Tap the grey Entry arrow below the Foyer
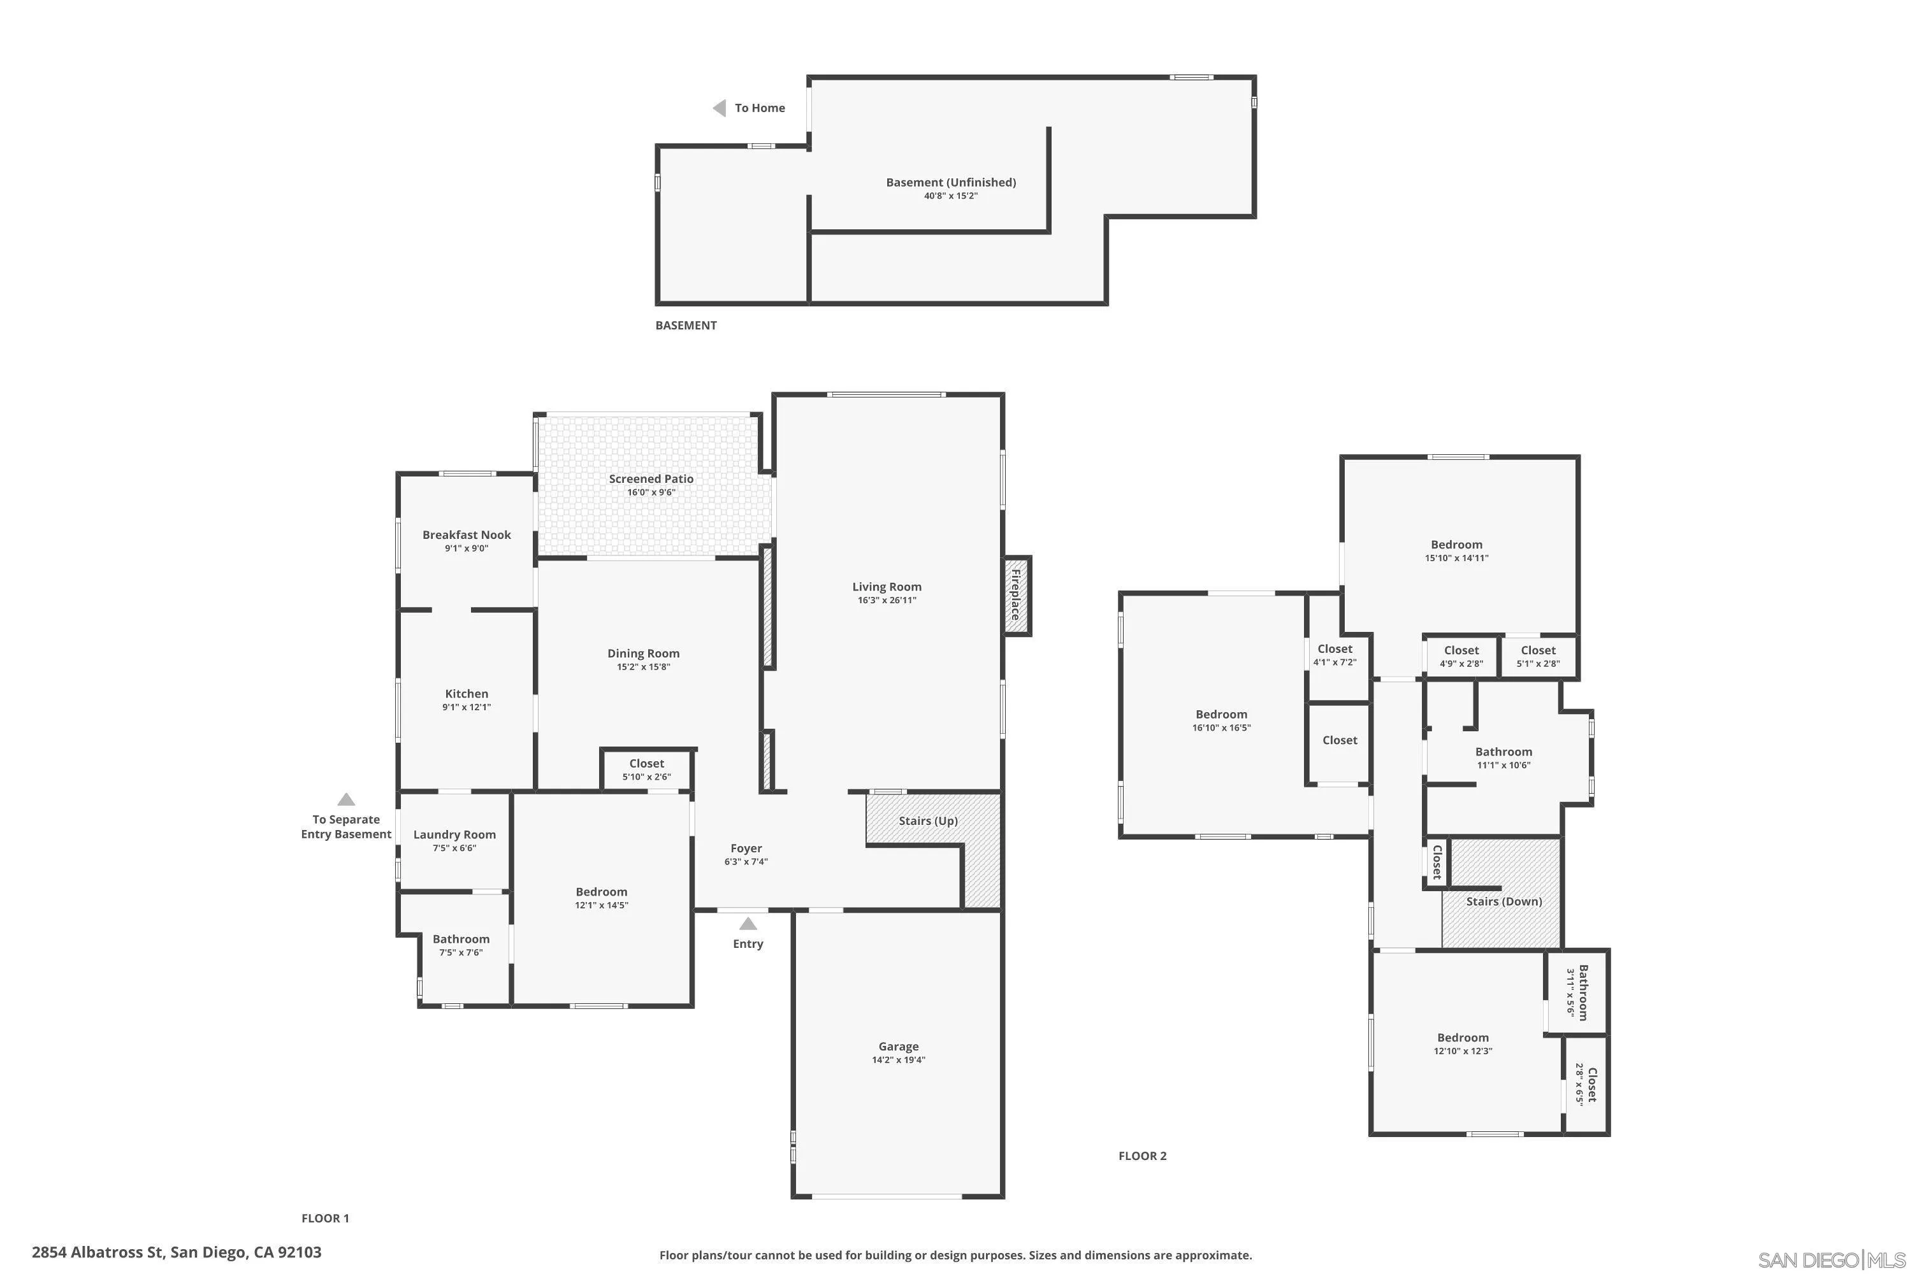(x=748, y=924)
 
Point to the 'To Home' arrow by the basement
(x=720, y=108)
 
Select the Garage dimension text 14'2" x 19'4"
(x=898, y=1059)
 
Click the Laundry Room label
(x=454, y=834)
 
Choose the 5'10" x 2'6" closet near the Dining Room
(x=646, y=769)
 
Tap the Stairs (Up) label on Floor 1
(x=927, y=820)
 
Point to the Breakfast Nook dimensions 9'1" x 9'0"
(x=467, y=548)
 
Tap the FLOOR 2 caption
(x=1142, y=1156)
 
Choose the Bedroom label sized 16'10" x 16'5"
(x=1221, y=714)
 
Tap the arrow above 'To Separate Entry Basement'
(x=346, y=799)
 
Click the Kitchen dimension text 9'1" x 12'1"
(x=467, y=707)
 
